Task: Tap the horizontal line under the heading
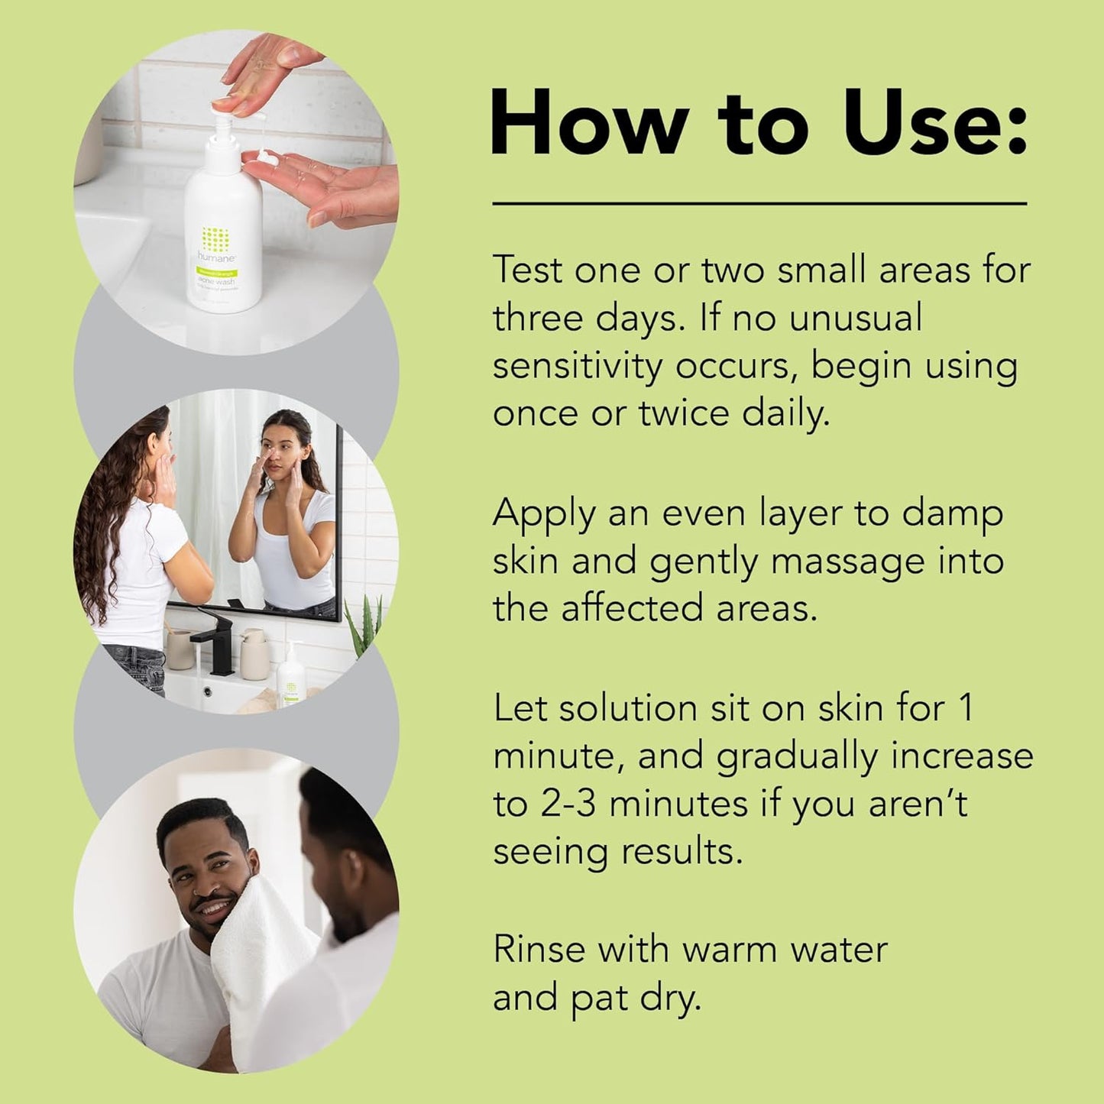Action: [759, 204]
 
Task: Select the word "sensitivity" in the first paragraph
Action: [577, 367]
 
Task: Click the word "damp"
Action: [952, 515]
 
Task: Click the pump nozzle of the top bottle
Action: [222, 122]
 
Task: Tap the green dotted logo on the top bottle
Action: [216, 239]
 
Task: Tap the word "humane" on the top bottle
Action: [217, 257]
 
